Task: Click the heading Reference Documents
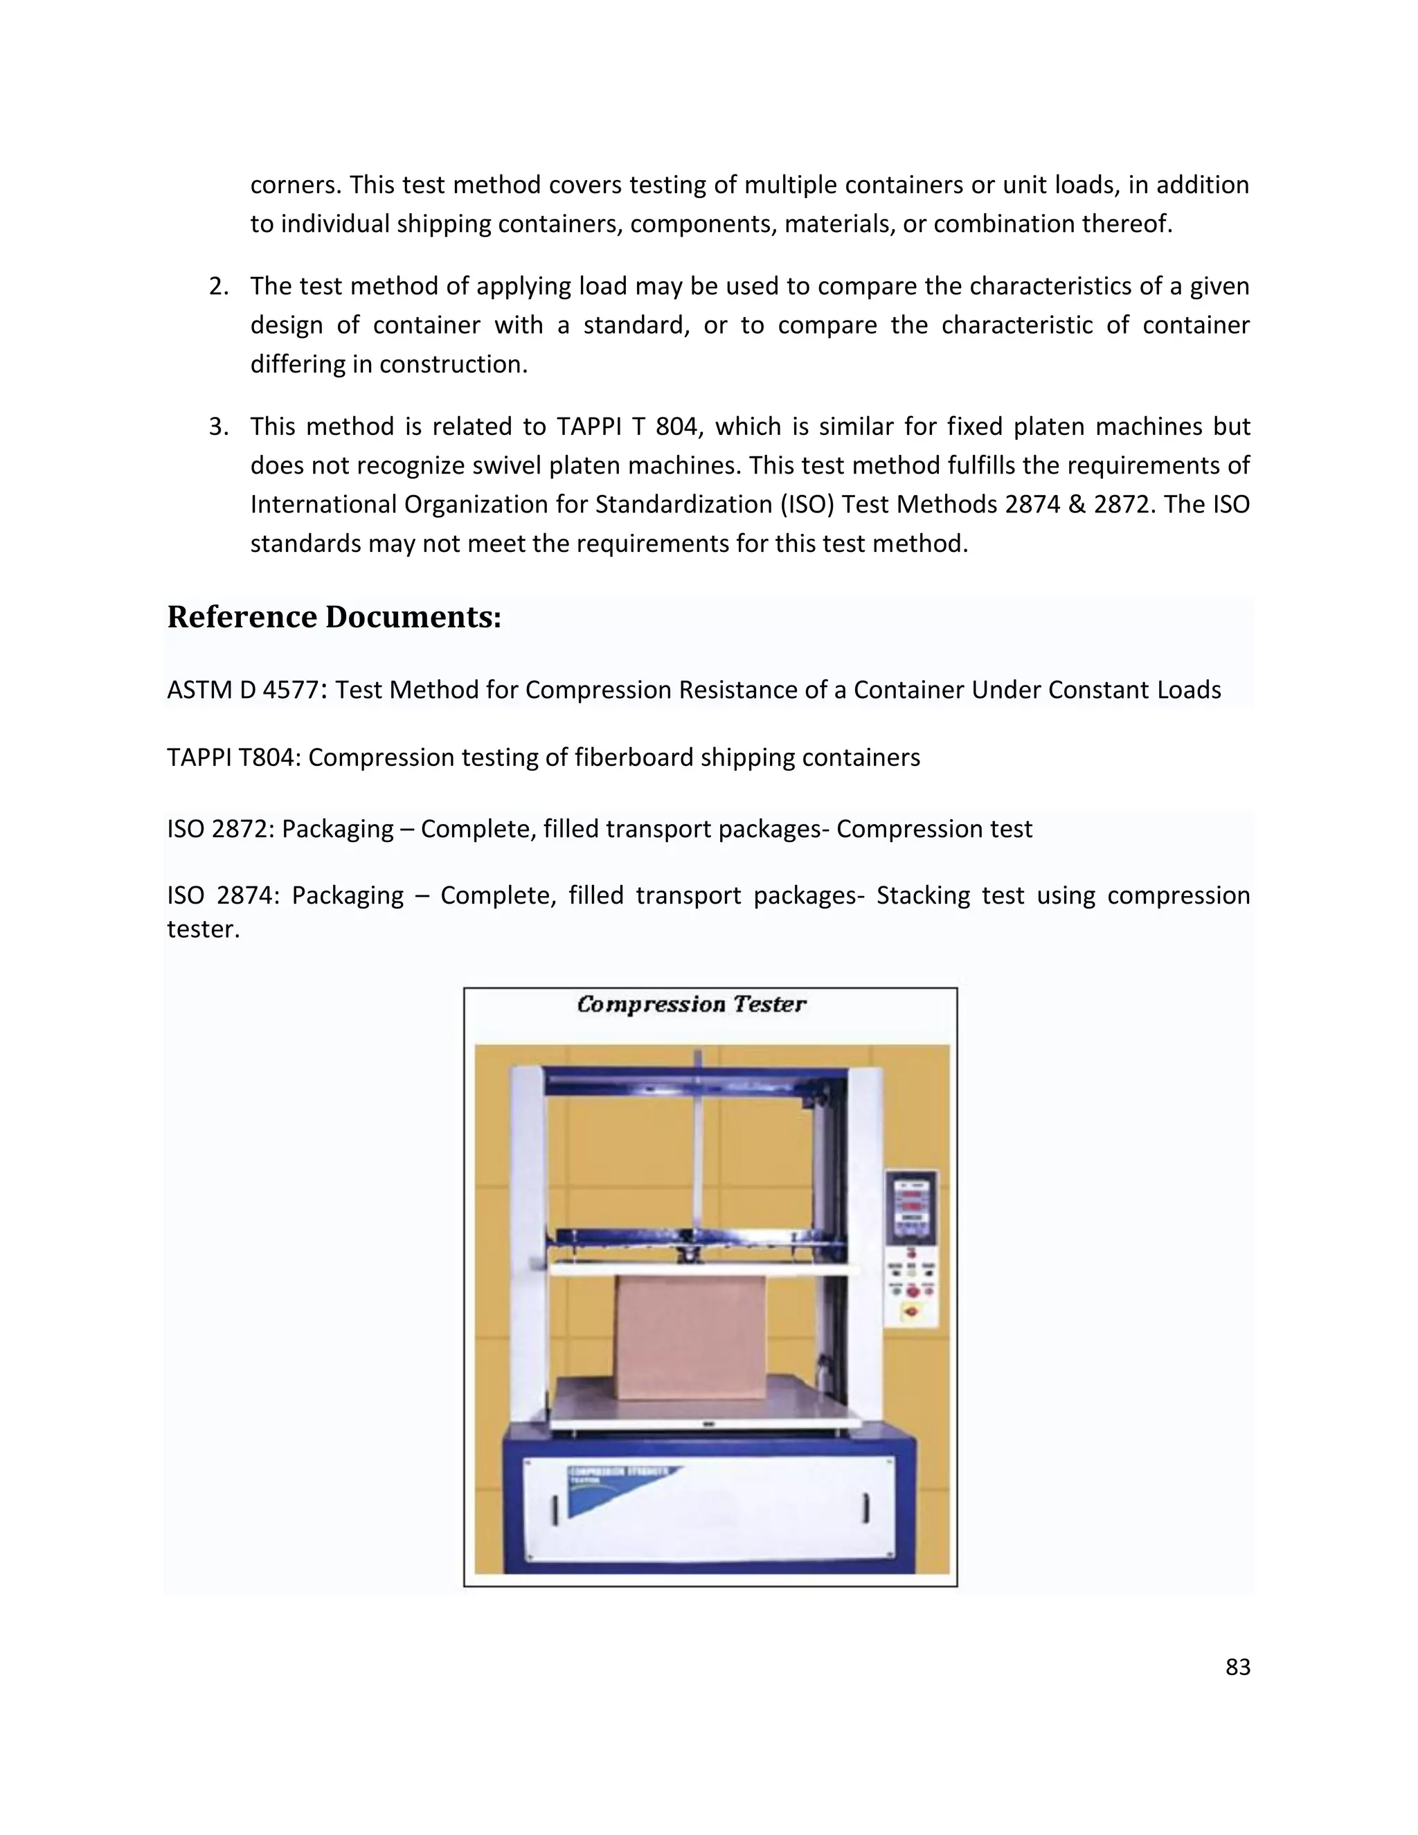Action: [334, 617]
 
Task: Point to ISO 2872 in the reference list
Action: [218, 830]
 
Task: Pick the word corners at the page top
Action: [295, 185]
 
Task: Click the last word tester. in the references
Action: [204, 929]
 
